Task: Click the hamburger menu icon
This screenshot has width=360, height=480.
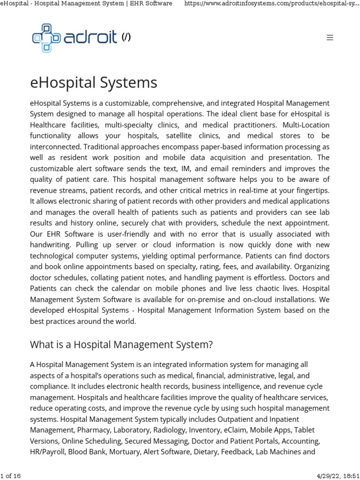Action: point(330,38)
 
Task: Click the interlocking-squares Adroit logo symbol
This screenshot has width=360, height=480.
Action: point(46,37)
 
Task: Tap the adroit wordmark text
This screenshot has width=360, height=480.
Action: point(90,37)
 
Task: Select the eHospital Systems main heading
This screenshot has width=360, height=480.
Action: point(94,83)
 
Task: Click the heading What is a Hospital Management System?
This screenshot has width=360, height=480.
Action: point(121,345)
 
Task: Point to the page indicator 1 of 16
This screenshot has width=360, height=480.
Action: point(11,476)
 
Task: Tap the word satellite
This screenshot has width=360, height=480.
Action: point(185,135)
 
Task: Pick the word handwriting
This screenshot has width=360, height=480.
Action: point(51,245)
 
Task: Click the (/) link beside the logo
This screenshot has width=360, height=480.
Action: point(126,38)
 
